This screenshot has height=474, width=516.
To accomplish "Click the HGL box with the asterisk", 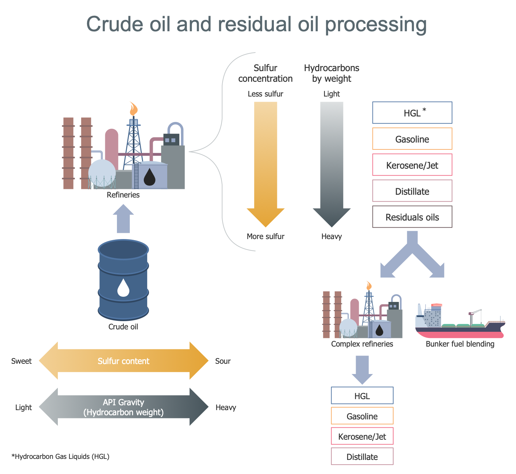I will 412,113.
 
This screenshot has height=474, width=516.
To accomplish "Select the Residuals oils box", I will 412,217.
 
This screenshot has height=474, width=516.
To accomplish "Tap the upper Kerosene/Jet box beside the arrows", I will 412,165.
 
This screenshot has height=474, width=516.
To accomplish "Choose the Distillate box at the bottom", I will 362,456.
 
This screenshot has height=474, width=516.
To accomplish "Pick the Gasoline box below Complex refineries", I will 362,416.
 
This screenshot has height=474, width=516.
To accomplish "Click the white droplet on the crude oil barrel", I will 123,288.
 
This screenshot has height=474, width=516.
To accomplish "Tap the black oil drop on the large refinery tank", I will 149,177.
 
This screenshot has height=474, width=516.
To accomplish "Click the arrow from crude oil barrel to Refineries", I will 123,218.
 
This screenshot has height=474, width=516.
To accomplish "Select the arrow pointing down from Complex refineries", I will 362,369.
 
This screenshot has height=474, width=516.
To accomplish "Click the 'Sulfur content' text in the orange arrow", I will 123,361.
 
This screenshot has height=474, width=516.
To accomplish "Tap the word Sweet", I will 21,361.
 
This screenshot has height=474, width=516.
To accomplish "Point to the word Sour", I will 223,361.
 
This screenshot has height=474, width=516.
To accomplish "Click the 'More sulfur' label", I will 266,236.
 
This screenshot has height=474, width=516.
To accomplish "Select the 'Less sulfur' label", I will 266,94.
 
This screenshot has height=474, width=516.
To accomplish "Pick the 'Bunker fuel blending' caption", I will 460,344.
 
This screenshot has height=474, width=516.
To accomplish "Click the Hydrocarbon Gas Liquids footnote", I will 61,456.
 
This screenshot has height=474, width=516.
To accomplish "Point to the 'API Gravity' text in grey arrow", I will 123,402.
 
